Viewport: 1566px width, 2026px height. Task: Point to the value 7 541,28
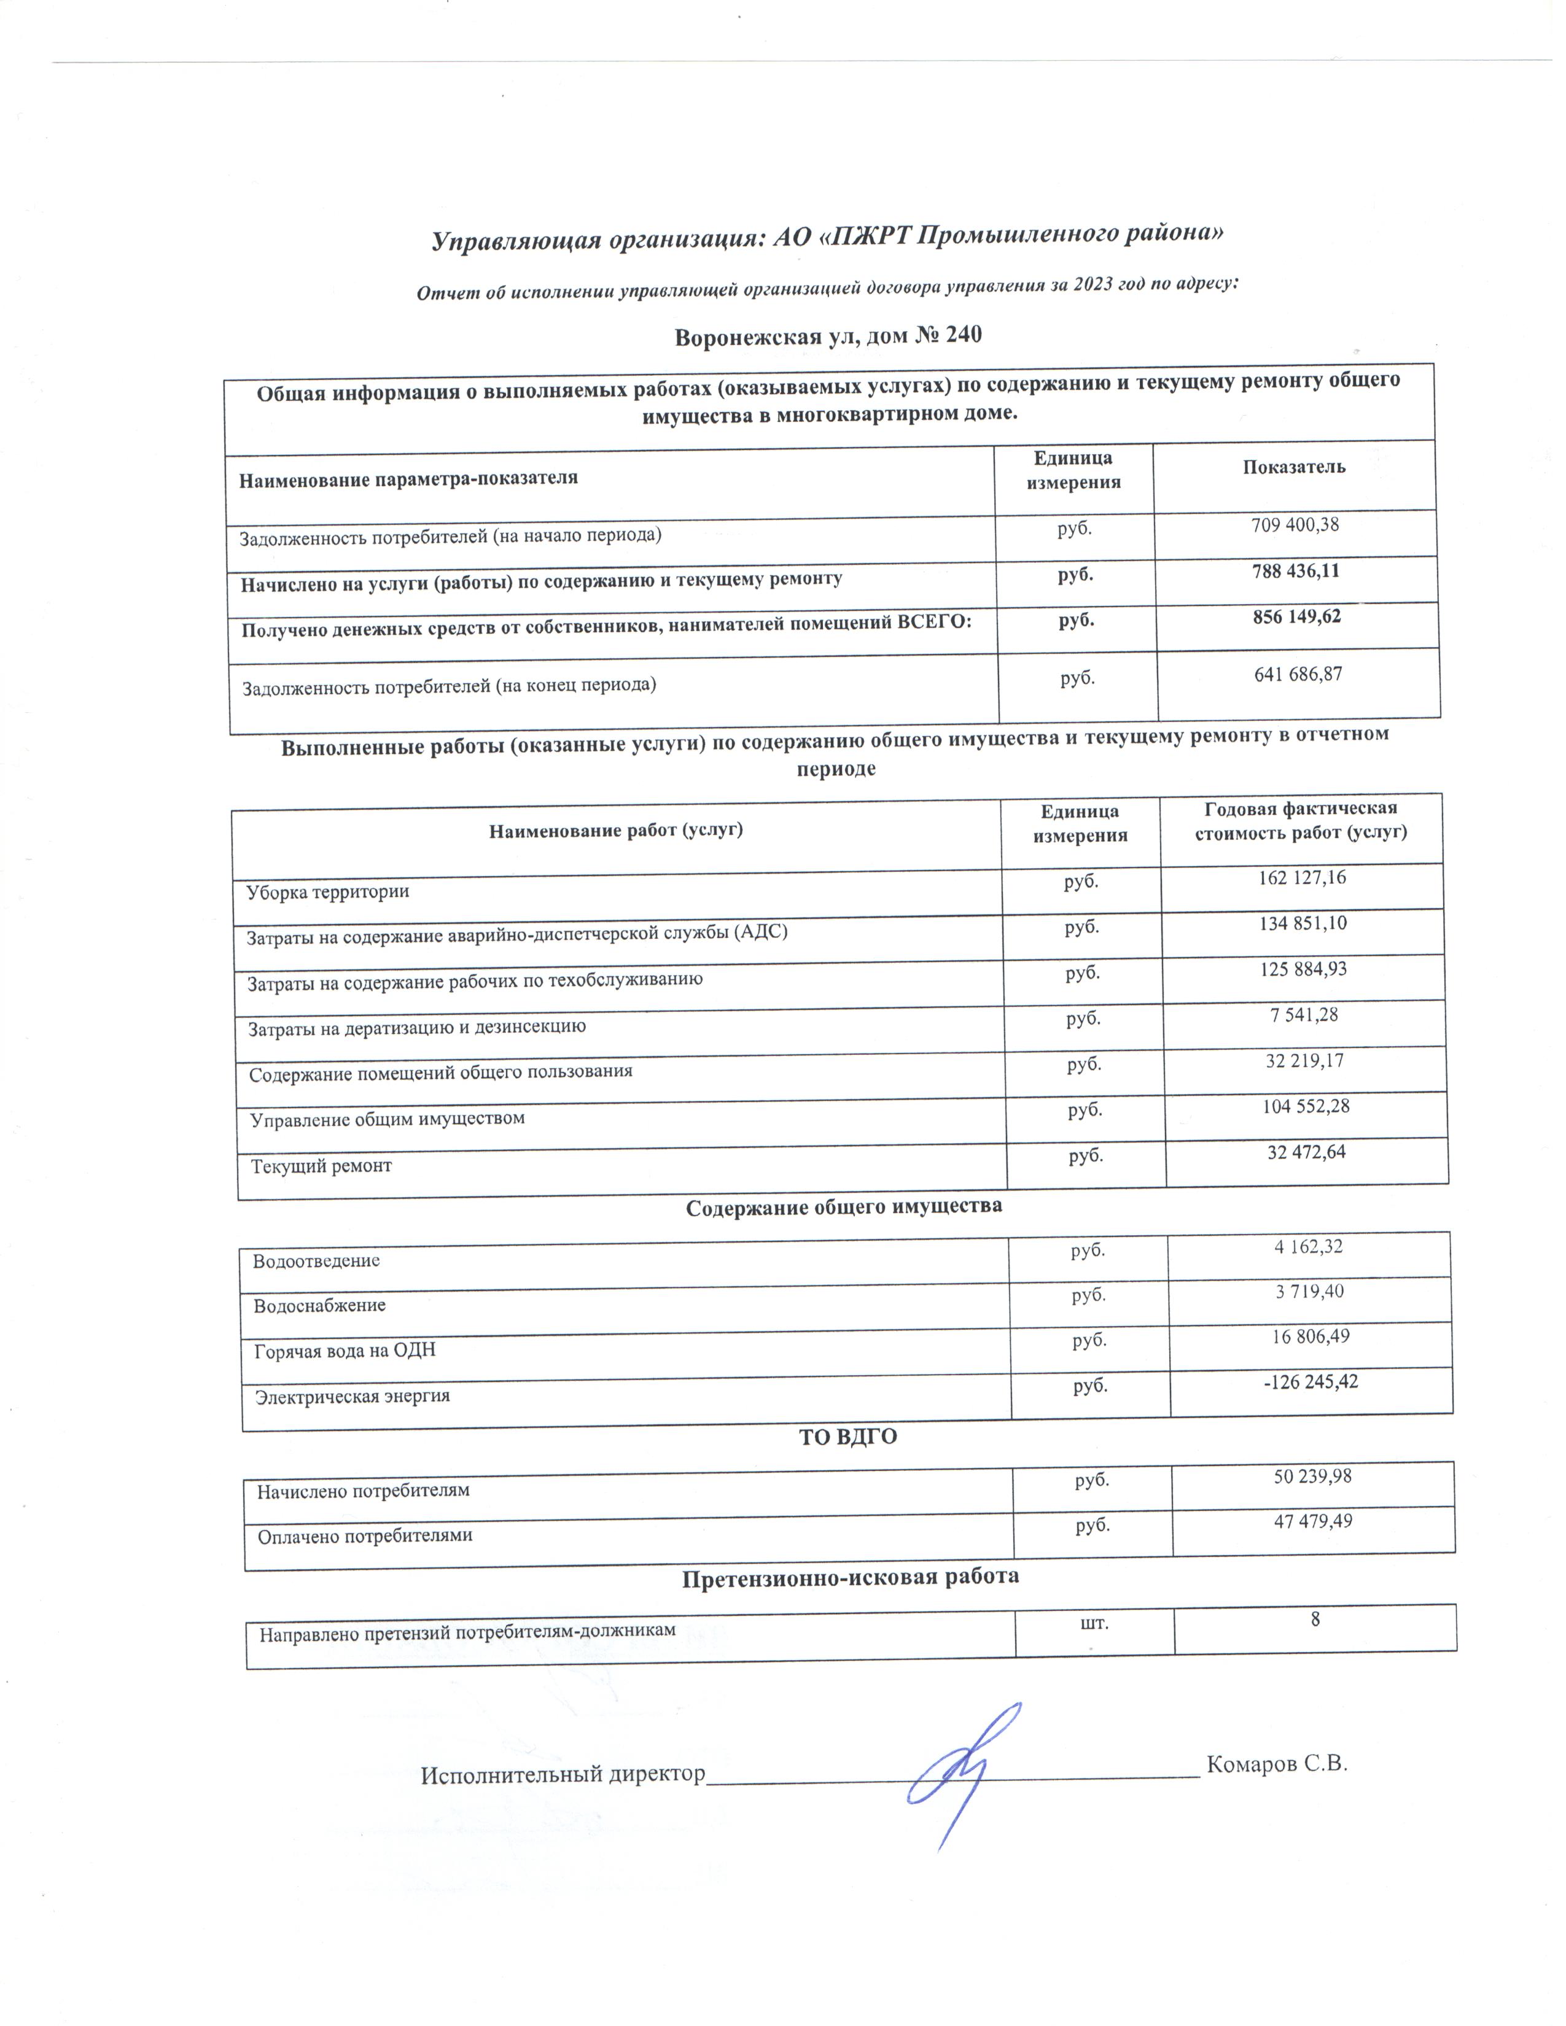pyautogui.click(x=1303, y=1015)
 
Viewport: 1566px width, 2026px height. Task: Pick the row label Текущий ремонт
pyautogui.click(x=321, y=1166)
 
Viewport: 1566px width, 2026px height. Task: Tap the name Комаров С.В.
pyautogui.click(x=1277, y=1763)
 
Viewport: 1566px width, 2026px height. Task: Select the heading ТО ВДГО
pyautogui.click(x=848, y=1437)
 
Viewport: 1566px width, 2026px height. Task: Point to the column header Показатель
pyautogui.click(x=1294, y=467)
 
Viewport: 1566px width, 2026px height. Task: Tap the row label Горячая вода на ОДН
pyautogui.click(x=345, y=1351)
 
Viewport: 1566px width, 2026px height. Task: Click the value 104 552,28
pyautogui.click(x=1306, y=1106)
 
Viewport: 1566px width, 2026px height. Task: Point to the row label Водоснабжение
pyautogui.click(x=319, y=1305)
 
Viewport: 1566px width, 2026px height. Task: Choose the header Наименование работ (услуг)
pyautogui.click(x=616, y=830)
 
